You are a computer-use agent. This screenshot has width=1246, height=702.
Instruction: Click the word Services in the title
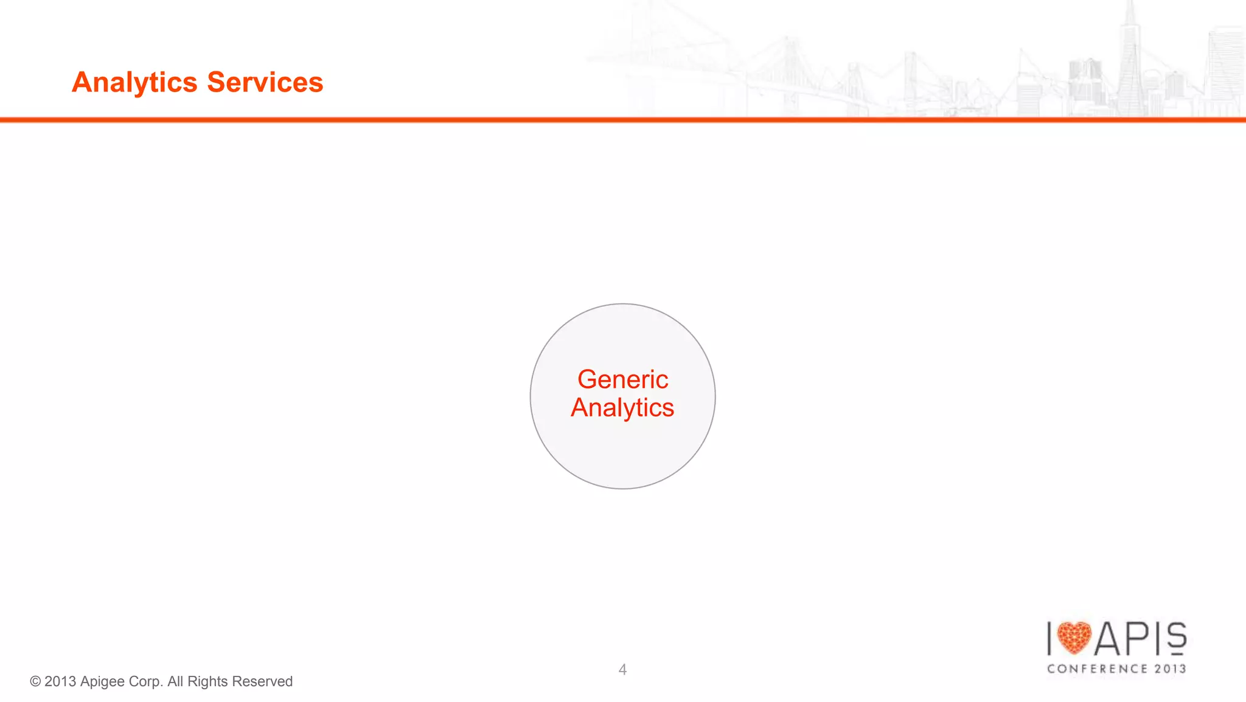pos(265,82)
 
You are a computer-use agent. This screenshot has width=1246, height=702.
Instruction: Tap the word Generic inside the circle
pos(622,379)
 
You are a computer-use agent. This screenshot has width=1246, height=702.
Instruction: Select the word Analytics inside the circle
pos(622,408)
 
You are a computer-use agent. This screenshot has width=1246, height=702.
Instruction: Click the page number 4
pos(622,670)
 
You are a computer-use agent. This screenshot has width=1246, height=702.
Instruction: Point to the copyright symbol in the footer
pos(35,682)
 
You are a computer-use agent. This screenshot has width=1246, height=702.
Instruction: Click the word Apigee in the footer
pos(102,682)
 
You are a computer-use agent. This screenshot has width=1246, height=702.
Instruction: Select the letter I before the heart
pos(1049,639)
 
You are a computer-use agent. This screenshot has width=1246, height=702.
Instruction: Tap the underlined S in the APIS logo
pos(1177,638)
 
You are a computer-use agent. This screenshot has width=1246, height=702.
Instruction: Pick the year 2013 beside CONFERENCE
pos(1171,669)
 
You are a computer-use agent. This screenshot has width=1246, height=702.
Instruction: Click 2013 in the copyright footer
pos(60,682)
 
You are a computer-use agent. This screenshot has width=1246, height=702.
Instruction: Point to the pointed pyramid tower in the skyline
pos(1130,55)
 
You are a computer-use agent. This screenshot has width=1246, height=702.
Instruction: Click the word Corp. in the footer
pos(145,682)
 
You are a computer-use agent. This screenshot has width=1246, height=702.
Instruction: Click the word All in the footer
pos(175,681)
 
